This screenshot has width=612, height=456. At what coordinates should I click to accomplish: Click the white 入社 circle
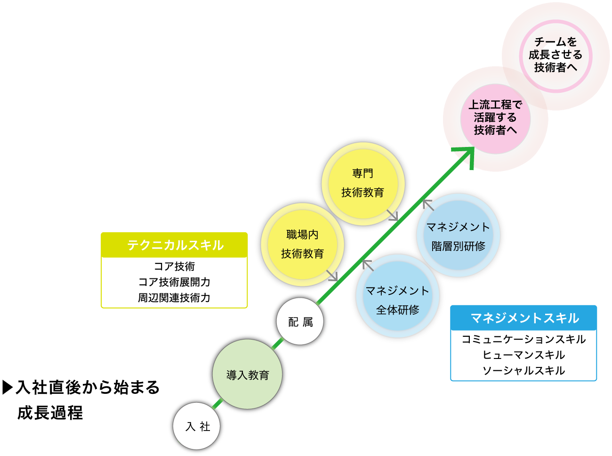[197, 426]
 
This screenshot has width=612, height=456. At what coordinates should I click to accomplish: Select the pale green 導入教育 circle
[247, 374]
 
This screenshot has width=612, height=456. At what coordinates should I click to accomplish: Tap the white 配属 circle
[300, 321]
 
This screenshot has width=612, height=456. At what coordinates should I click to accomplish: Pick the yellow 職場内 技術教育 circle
[302, 244]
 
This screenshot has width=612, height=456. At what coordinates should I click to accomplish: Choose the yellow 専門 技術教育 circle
[363, 184]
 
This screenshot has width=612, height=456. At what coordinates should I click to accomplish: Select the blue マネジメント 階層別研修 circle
[458, 235]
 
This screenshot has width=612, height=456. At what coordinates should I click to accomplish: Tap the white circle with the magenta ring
[556, 56]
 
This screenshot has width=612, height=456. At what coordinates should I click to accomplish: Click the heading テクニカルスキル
[176, 245]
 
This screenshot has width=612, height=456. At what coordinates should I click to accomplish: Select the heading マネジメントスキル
[525, 318]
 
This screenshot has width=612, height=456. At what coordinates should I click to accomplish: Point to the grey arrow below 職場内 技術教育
[333, 276]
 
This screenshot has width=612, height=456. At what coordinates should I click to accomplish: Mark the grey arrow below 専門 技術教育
[393, 216]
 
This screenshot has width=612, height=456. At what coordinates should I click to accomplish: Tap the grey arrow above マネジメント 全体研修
[368, 265]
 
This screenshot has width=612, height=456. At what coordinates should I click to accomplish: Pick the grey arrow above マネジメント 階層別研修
[427, 204]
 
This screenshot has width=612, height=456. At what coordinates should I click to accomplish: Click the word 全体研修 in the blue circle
[398, 310]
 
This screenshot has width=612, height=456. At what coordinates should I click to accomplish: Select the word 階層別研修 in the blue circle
[458, 246]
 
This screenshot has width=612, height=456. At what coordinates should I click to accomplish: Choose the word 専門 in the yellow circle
[363, 173]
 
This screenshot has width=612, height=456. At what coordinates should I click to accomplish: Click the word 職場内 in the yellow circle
[302, 235]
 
